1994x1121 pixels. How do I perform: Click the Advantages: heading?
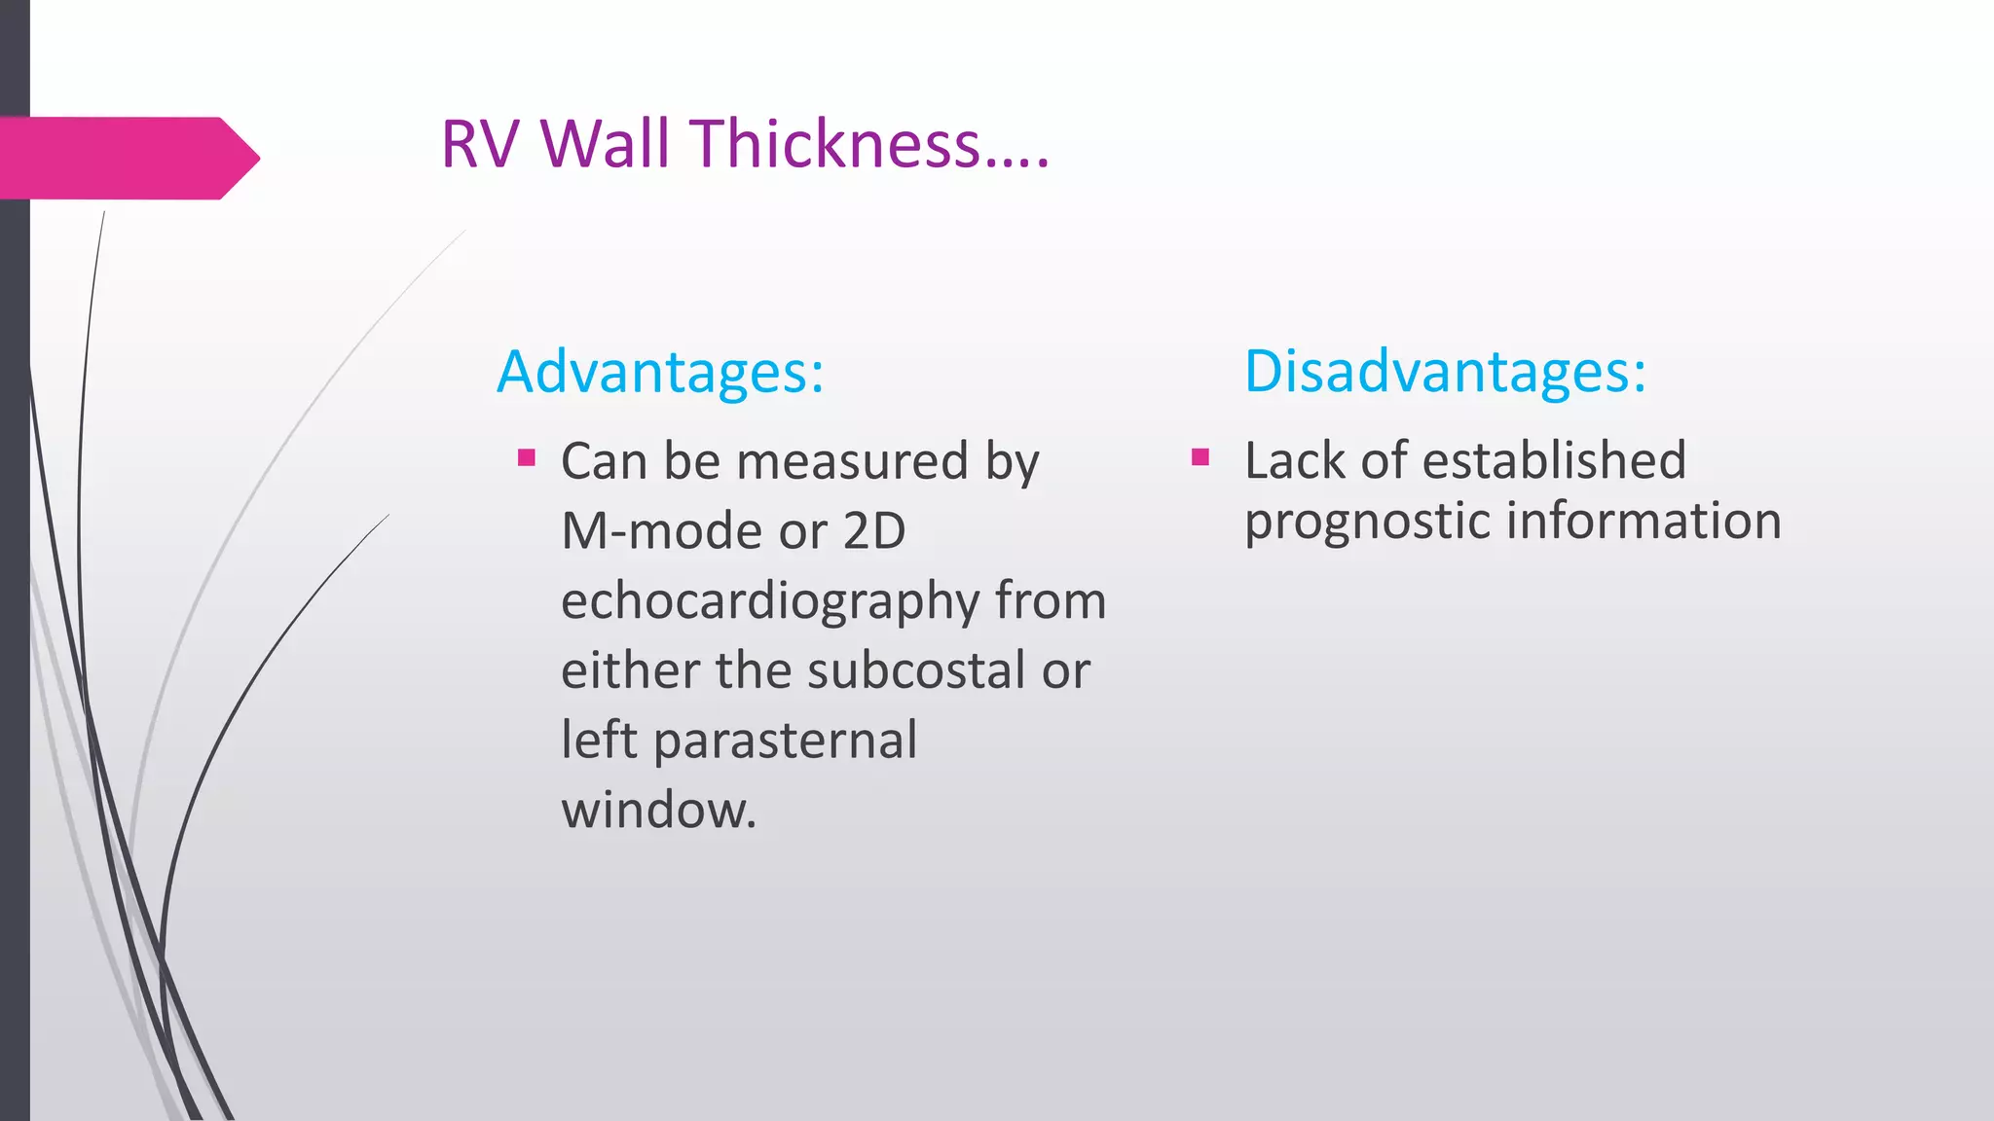coord(660,372)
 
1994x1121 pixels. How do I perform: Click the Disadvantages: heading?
coord(1445,372)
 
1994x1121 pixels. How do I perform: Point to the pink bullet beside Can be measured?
coord(527,457)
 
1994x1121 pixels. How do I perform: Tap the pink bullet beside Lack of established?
coord(1200,457)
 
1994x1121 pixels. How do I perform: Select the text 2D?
coord(873,531)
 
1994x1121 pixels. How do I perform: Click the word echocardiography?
coord(769,601)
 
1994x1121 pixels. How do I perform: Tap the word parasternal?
coord(785,741)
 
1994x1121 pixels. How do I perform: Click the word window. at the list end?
coord(658,811)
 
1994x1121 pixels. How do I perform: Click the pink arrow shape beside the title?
coord(127,158)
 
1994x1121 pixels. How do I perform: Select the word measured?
coord(852,461)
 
